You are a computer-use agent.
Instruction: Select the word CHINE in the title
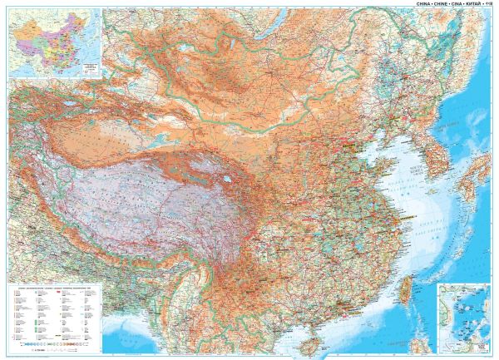click(x=439, y=3)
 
